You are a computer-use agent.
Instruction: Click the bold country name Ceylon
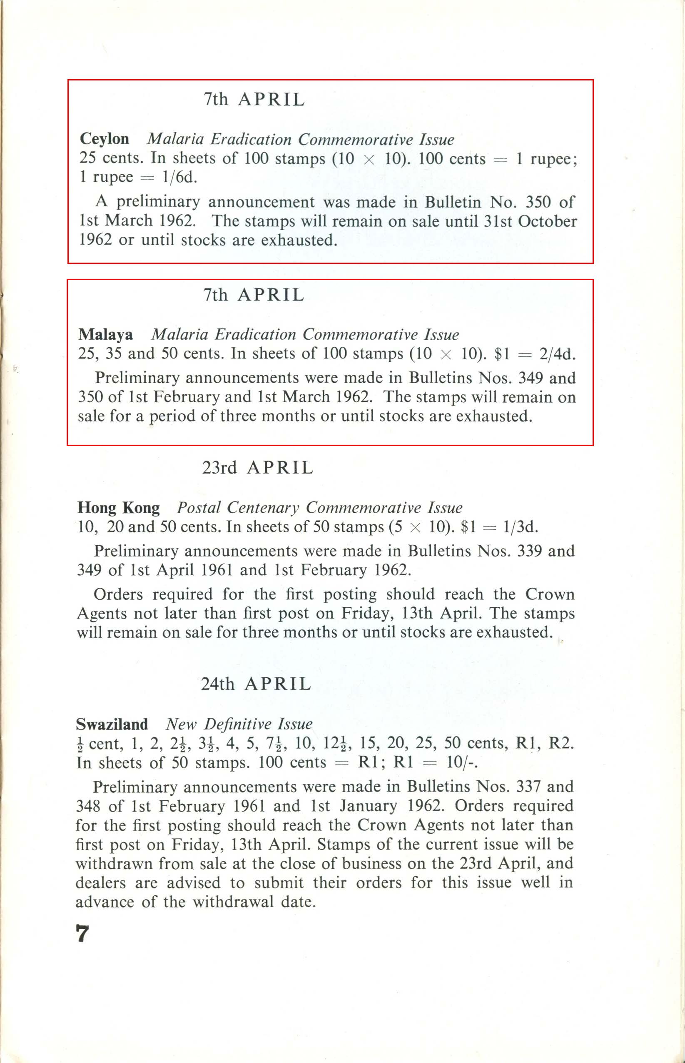coord(105,139)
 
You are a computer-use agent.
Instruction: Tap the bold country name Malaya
coord(105,334)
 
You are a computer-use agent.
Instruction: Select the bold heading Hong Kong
coord(118,507)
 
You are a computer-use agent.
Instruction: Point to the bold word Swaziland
coord(112,724)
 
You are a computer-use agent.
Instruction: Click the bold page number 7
coord(82,933)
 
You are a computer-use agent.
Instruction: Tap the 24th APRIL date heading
coord(256,684)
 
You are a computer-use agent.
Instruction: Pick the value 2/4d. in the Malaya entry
coord(557,354)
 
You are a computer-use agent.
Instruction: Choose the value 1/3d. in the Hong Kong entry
coord(521,527)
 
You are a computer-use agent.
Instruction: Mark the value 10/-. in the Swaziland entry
coord(462,762)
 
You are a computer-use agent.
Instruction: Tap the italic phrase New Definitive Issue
coord(239,724)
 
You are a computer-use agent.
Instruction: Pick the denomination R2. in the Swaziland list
coord(561,743)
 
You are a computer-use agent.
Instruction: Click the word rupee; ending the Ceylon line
coord(553,159)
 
